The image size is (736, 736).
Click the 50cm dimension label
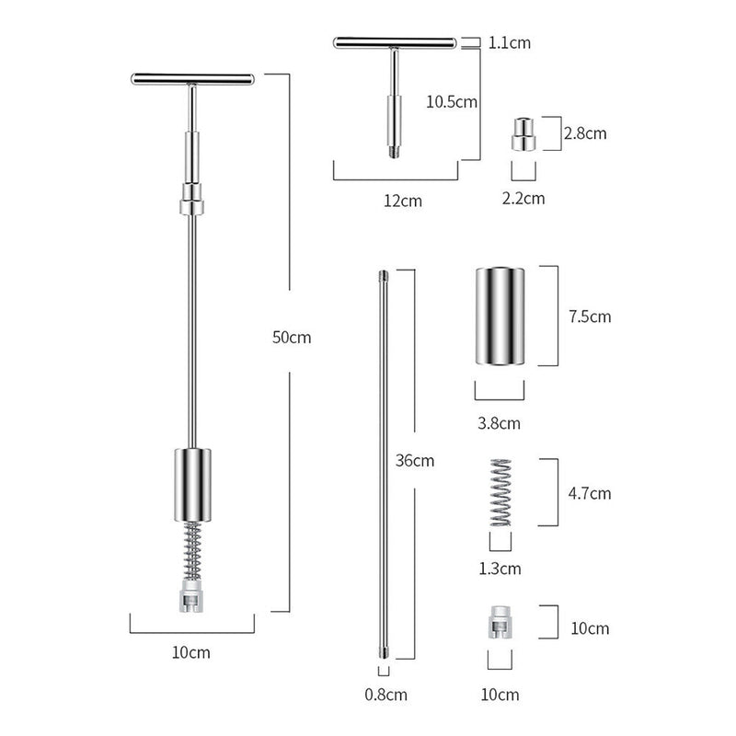point(292,337)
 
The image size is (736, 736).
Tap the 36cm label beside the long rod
point(415,461)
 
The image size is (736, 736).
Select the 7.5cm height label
point(590,316)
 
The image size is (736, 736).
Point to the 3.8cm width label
point(499,423)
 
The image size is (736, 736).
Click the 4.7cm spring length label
point(590,493)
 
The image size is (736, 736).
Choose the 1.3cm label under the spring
point(500,569)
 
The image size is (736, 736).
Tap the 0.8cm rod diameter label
point(385,695)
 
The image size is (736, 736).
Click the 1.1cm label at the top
point(510,42)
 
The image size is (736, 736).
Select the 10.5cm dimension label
point(452,102)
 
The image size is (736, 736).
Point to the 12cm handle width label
point(403,201)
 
